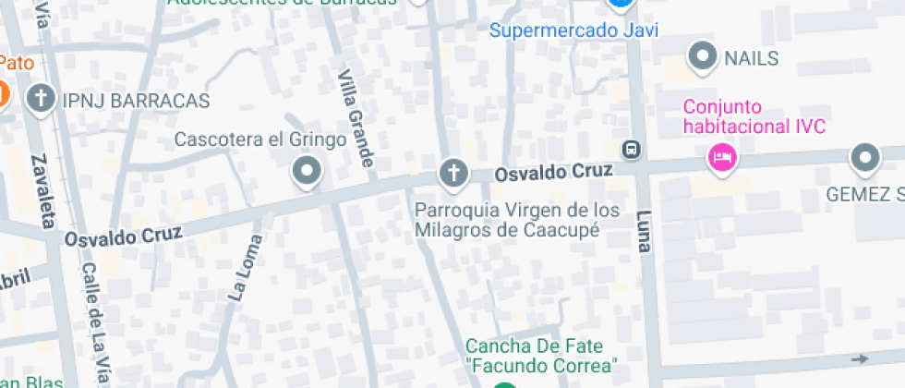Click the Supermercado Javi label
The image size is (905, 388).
[573, 30]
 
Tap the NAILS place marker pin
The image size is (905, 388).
[705, 56]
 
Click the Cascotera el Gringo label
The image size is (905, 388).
[260, 140]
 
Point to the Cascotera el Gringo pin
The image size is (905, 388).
[306, 171]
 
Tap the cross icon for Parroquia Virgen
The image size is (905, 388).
[452, 172]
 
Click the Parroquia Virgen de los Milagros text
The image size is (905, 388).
[516, 220]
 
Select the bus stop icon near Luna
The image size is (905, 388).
[632, 149]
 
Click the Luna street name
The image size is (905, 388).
[643, 230]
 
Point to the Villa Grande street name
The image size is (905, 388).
[356, 117]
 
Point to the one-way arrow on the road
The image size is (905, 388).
[861, 358]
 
